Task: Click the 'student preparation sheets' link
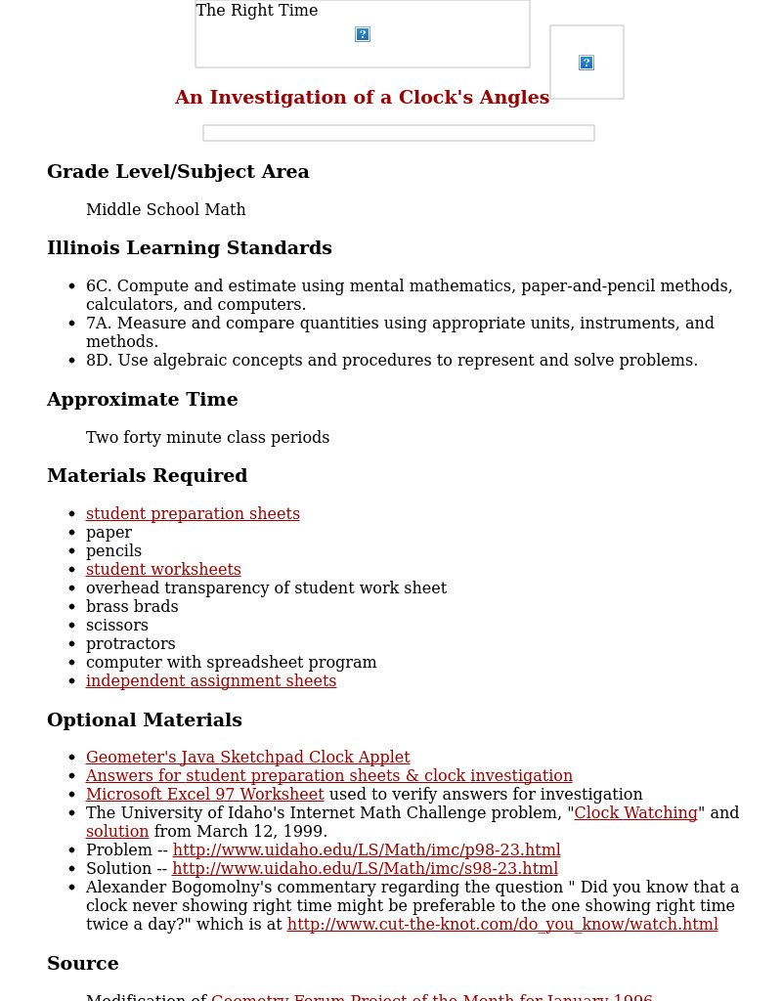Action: (193, 514)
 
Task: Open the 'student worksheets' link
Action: (163, 570)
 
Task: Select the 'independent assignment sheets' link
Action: (211, 681)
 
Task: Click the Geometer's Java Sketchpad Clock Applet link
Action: (247, 758)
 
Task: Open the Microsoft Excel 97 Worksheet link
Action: (204, 795)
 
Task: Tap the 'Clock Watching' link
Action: (635, 813)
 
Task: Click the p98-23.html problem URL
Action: (367, 850)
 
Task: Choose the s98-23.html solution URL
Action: (365, 869)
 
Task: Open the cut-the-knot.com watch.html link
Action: (502, 925)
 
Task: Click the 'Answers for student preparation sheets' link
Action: (328, 776)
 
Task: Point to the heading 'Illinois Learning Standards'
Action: (190, 248)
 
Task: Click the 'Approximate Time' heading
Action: (143, 400)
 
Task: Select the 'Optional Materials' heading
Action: (145, 720)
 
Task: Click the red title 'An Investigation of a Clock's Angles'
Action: (362, 98)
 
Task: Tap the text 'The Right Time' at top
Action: (257, 11)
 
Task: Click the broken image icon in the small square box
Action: (586, 63)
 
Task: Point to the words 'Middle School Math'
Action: (166, 210)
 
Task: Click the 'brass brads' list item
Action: (132, 607)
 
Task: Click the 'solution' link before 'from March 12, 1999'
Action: (117, 832)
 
